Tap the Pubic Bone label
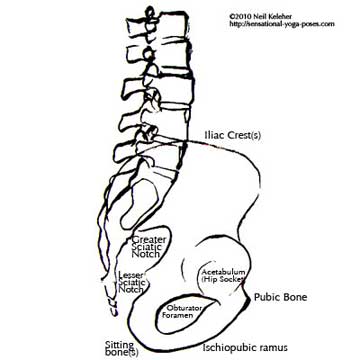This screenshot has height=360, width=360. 280,297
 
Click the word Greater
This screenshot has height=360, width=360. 149,237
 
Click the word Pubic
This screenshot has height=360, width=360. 269,297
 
